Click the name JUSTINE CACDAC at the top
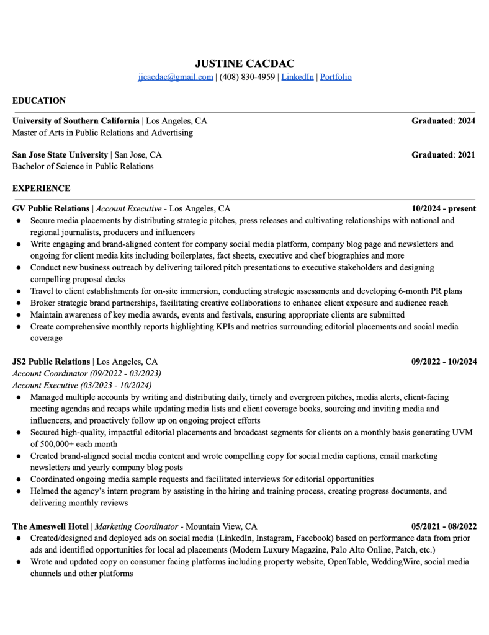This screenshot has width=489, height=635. click(244, 63)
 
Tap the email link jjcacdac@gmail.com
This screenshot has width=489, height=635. click(176, 77)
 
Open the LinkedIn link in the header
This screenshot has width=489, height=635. click(297, 77)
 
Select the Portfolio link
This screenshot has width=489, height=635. click(336, 77)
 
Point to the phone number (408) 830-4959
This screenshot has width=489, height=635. click(247, 77)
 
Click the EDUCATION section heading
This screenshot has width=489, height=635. click(38, 100)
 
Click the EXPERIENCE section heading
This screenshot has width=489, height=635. click(41, 188)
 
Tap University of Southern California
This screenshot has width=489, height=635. click(76, 121)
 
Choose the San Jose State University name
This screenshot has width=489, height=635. click(60, 154)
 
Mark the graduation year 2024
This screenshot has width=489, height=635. click(466, 121)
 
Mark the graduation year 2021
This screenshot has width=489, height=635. click(466, 154)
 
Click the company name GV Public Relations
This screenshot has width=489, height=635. click(51, 208)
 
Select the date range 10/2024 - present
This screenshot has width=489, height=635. click(444, 208)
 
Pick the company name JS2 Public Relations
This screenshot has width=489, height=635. click(51, 362)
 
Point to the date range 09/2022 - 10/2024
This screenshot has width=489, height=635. click(444, 362)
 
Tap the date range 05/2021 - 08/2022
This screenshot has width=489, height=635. click(444, 526)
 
